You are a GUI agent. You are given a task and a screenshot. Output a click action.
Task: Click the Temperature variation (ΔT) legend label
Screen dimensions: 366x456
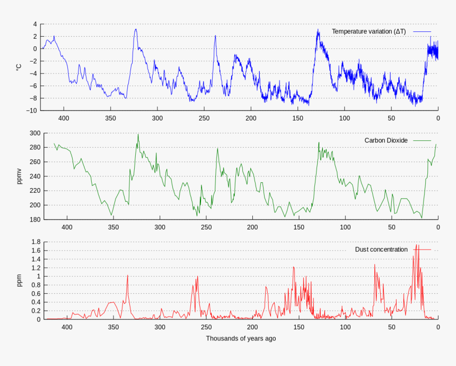(x=369, y=31)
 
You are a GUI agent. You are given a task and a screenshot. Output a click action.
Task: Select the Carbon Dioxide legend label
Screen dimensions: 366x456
(x=386, y=140)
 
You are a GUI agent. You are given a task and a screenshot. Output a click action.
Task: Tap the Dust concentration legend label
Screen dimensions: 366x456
(x=381, y=249)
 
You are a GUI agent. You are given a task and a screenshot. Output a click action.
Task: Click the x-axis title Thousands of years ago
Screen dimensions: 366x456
(x=241, y=338)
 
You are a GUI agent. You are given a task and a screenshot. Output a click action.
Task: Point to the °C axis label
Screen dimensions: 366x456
(x=19, y=67)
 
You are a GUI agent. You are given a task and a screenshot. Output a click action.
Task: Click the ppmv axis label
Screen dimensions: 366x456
(x=19, y=176)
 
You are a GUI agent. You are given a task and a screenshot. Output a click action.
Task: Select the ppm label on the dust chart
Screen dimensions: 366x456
(x=19, y=280)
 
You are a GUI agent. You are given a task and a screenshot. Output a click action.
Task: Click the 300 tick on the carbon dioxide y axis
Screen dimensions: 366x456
(x=35, y=133)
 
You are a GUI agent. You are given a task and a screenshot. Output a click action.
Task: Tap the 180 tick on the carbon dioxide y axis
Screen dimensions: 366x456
(x=35, y=219)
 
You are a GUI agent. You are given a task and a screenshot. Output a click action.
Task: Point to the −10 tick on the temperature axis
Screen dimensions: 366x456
(x=32, y=110)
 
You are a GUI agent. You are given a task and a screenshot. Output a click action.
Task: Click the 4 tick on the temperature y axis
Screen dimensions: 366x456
(x=35, y=24)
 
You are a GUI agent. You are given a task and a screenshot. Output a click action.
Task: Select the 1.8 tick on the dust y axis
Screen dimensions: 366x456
(x=35, y=242)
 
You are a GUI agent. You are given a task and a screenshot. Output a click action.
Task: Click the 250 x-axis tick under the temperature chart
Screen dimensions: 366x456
(x=204, y=118)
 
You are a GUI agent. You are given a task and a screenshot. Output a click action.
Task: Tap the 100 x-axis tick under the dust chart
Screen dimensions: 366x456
(x=345, y=327)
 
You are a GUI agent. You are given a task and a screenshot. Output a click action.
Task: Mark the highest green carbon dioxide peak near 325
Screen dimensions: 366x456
(x=138, y=134)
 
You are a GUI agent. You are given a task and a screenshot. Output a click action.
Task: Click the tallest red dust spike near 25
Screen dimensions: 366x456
(x=417, y=245)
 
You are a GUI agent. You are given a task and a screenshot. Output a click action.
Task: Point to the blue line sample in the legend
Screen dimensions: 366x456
(x=421, y=31)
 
